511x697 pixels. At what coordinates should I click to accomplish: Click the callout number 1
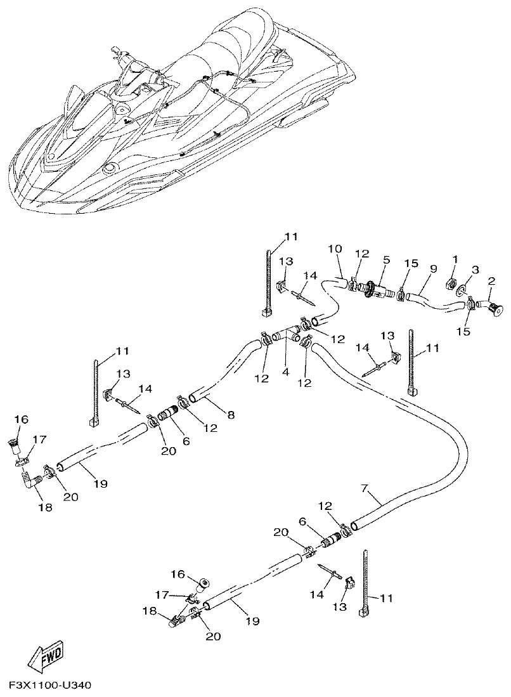click(x=454, y=259)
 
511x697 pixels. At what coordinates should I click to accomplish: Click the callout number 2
click(x=492, y=280)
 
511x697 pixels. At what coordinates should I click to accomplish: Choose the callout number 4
click(x=285, y=372)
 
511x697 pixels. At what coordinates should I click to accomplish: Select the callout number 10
click(x=335, y=249)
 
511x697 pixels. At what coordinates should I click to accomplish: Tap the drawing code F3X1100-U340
click(x=51, y=687)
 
